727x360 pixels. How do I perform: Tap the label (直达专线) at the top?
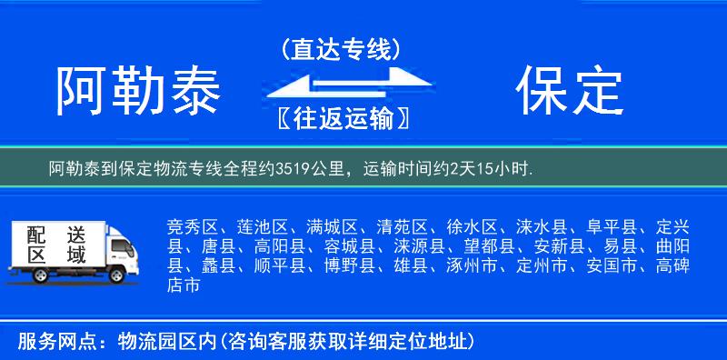coord(341,49)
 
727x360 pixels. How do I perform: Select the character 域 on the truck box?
coord(76,255)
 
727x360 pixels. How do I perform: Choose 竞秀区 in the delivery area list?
coord(193,225)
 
